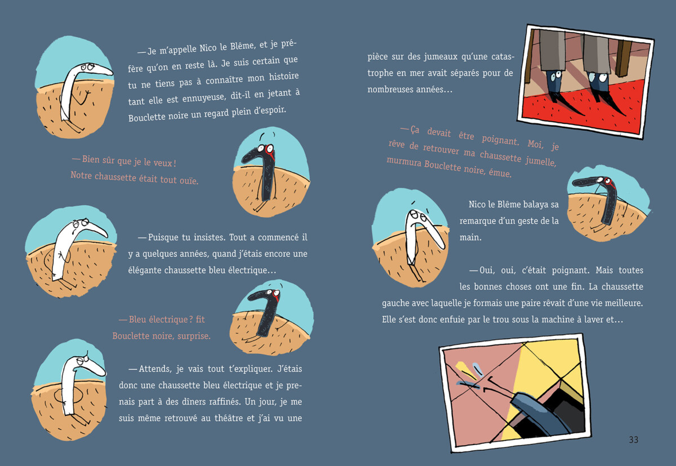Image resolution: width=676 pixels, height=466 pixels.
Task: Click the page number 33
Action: coord(633,440)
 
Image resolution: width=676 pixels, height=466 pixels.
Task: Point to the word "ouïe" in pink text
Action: coord(189,180)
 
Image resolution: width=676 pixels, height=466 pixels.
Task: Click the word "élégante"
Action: coord(145,270)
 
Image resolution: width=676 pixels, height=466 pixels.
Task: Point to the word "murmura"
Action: coord(404,162)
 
